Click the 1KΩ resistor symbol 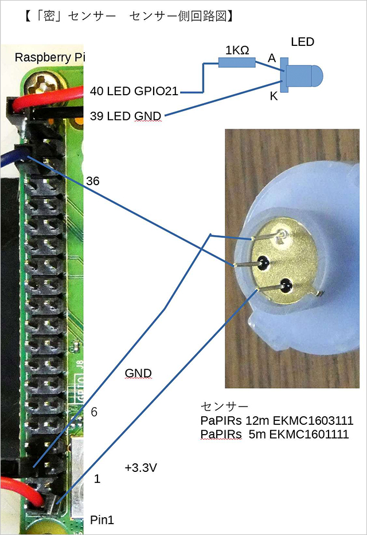236,64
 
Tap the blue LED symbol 302,75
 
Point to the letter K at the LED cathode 274,96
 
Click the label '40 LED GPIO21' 135,91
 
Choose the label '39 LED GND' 126,116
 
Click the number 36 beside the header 92,181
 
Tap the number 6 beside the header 95,412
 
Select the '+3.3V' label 141,467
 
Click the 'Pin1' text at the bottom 103,520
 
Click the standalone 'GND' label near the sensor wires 138,373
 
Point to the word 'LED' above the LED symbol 303,42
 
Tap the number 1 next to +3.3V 97,478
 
